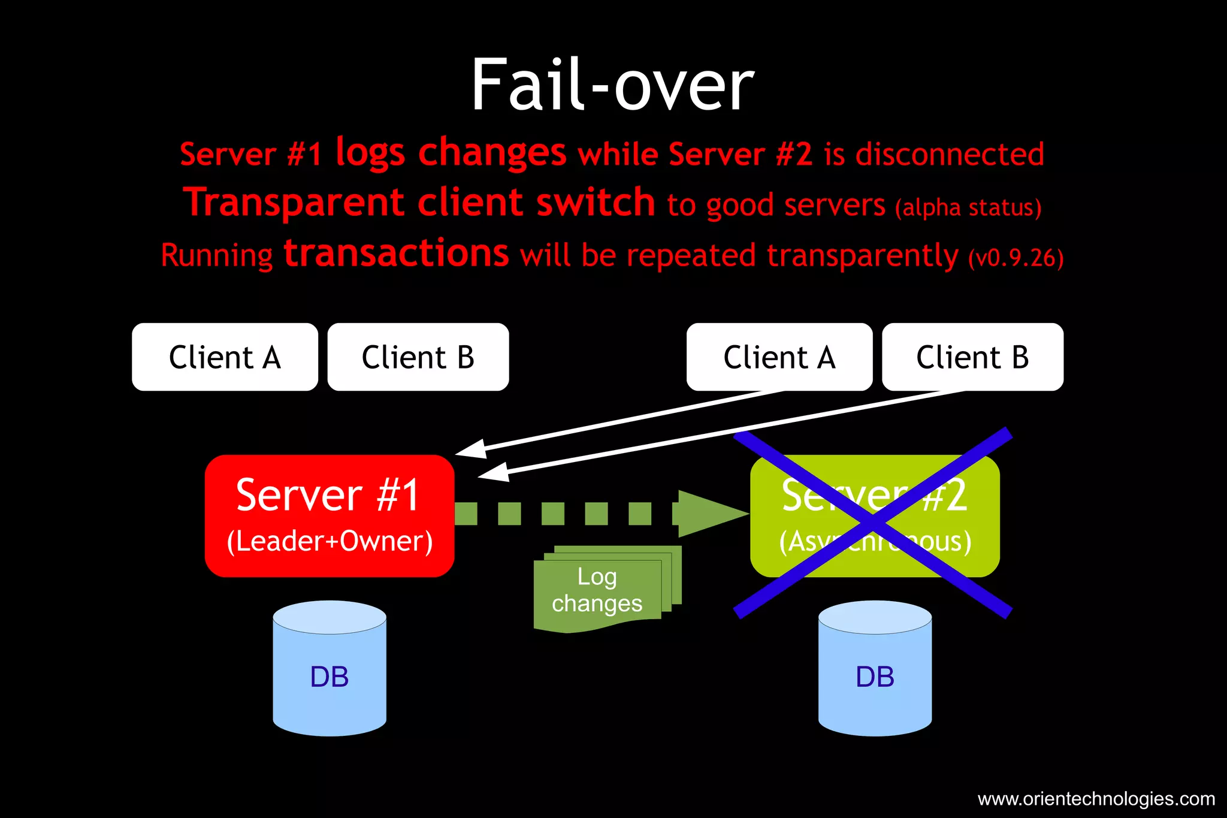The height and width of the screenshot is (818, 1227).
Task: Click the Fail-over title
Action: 612,85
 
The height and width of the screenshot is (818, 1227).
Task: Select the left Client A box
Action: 225,357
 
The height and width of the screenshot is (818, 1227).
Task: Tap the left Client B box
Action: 418,357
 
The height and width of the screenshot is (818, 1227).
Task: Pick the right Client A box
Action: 779,357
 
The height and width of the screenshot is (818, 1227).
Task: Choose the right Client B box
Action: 972,357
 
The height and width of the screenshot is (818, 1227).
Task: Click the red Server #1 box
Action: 329,515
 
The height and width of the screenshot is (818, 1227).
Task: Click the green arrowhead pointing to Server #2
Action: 710,514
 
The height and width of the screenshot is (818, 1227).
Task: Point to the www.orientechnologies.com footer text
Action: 1096,799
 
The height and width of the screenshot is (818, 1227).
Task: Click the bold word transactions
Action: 397,253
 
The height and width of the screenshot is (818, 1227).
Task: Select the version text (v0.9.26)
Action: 1016,258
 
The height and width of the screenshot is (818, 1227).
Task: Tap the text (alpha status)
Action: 968,207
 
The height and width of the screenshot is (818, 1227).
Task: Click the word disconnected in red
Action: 950,154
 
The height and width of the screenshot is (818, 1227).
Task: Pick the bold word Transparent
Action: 294,203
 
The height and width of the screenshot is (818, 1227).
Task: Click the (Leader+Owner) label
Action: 330,541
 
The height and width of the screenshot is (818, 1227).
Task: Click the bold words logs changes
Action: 451,152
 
